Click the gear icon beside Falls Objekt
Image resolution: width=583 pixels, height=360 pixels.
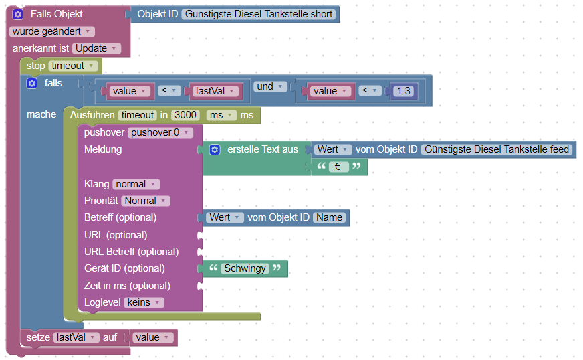click(18, 14)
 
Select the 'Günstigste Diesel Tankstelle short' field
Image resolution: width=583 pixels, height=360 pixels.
click(257, 14)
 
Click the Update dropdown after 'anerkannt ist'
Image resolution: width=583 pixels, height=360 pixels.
click(96, 48)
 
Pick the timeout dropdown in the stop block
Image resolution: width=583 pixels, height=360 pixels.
click(73, 66)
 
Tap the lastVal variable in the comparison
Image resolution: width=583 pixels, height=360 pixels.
click(212, 91)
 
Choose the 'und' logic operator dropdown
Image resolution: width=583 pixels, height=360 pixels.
click(270, 86)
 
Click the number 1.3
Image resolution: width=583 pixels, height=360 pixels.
click(404, 91)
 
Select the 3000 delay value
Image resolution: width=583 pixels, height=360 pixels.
click(185, 116)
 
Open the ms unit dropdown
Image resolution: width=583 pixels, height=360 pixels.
click(221, 116)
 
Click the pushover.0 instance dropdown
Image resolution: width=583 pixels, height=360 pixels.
click(160, 132)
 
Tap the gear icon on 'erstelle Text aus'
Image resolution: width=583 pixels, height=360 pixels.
click(215, 149)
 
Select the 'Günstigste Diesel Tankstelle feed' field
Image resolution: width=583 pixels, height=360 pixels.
click(497, 149)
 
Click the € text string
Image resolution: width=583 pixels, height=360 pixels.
click(338, 167)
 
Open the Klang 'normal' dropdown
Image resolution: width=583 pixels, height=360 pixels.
click(136, 184)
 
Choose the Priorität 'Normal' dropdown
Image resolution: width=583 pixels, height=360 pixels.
click(145, 201)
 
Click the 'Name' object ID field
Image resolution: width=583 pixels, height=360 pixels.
click(329, 217)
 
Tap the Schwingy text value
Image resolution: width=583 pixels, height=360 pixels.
click(244, 268)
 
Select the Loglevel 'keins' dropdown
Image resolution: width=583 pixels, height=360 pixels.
click(143, 302)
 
